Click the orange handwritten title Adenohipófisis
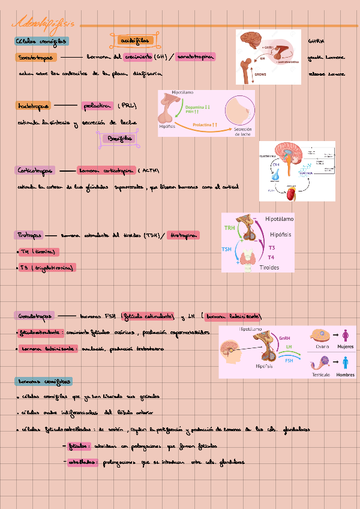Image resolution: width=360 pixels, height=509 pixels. [46, 23]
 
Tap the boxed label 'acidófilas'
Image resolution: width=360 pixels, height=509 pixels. [133, 40]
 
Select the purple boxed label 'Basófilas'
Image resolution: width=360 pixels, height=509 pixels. [118, 139]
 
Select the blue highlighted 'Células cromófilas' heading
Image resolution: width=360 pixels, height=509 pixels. [42, 41]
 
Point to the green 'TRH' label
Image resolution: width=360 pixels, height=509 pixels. [230, 228]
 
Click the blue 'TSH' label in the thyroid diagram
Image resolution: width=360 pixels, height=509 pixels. [226, 249]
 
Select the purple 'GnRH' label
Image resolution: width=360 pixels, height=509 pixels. [285, 338]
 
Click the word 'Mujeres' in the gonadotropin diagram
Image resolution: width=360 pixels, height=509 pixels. [345, 347]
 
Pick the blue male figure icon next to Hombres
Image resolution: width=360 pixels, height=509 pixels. [345, 363]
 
